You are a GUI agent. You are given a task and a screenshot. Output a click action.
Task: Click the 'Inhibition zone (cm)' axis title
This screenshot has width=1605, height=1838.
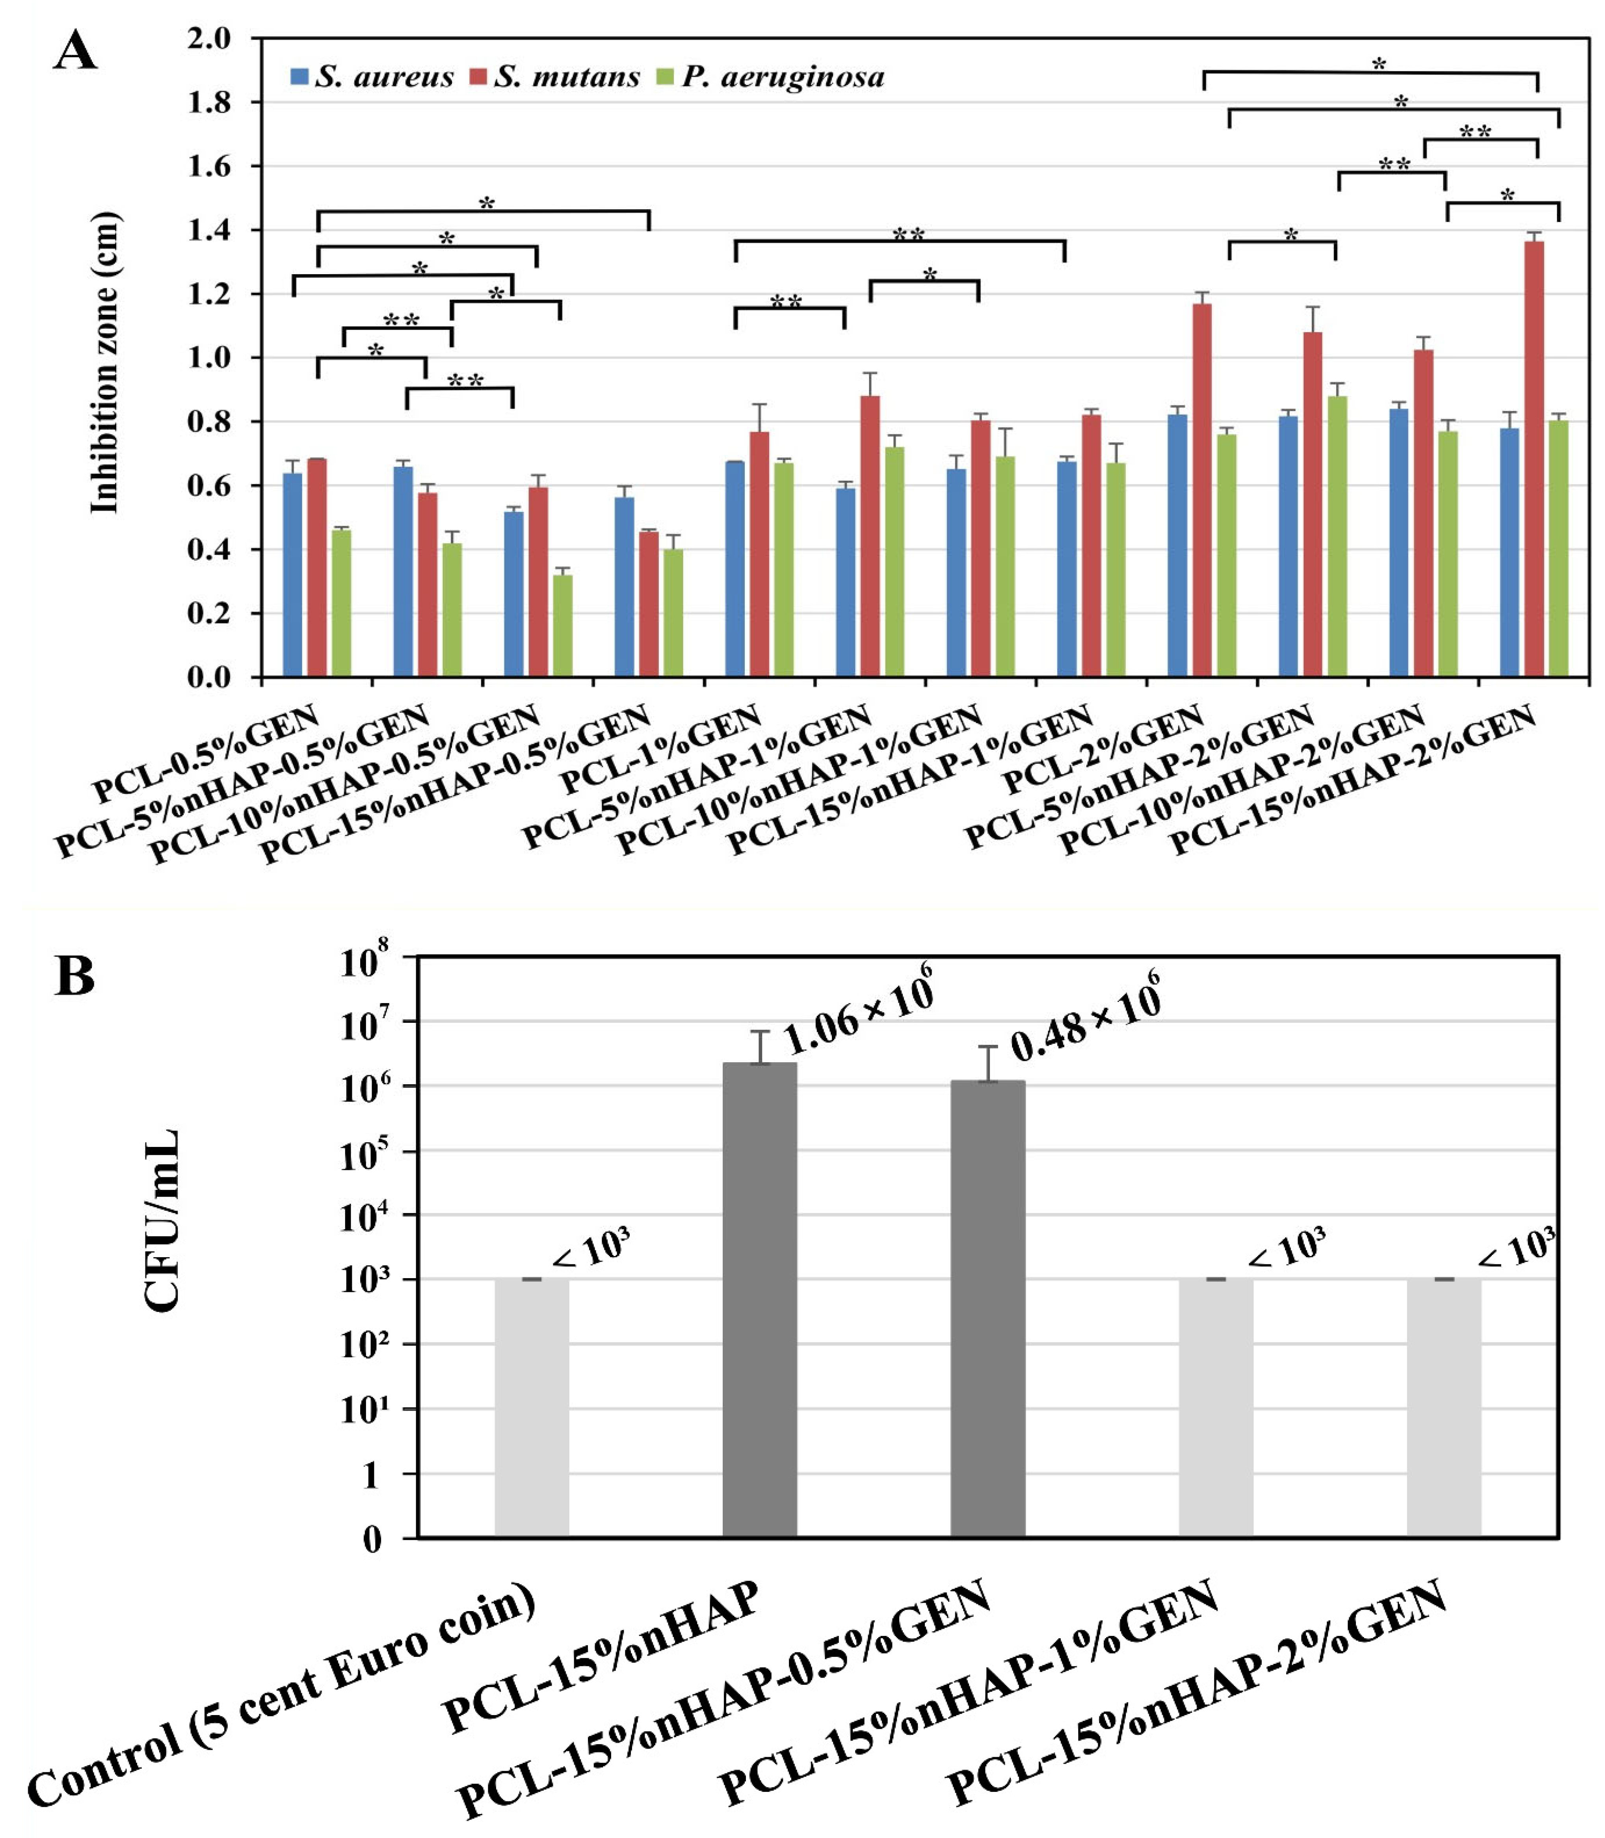[x=105, y=362]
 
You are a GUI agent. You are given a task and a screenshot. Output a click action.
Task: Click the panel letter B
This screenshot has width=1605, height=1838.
[x=75, y=976]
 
